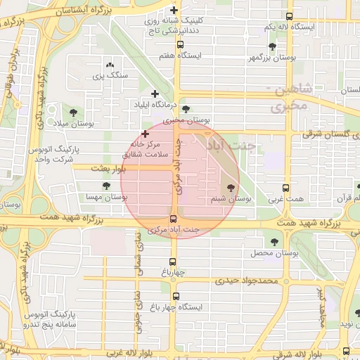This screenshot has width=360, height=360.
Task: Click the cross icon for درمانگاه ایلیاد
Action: pos(155,94)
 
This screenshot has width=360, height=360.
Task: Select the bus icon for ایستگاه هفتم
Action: pos(180,44)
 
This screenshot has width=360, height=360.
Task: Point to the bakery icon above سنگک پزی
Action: pos(108,64)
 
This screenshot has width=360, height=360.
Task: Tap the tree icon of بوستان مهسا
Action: pos(106,186)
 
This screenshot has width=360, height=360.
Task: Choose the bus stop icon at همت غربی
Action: pos(285,188)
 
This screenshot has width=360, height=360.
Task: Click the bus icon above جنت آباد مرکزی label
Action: pos(174,218)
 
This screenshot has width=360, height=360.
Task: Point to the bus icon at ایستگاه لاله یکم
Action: pos(289,16)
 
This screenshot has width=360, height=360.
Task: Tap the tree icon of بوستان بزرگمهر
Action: pos(272,46)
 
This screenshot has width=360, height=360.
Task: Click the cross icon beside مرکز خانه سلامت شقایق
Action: pos(145,133)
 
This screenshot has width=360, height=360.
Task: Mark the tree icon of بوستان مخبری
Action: pos(186,109)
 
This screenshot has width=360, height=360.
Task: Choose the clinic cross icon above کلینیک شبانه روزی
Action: pos(174,10)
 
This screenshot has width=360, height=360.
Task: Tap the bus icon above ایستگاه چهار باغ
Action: pos(175,296)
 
